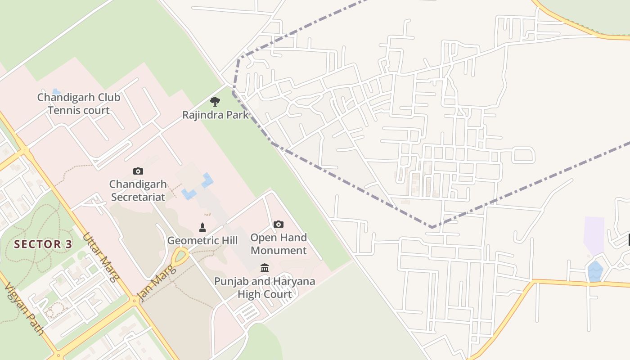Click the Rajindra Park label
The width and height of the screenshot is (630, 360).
pos(215,115)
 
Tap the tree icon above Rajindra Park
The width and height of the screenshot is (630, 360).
pos(215,102)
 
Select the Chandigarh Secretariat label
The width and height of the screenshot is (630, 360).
pos(138,191)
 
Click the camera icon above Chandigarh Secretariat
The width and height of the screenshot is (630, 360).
pos(138,171)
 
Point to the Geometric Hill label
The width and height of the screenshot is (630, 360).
pos(202,241)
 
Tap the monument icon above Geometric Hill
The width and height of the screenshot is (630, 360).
pos(202,227)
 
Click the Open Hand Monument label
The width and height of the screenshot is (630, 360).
pos(279,244)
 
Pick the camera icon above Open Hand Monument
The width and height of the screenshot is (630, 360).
pos(279,224)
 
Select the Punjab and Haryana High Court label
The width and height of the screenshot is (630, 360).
pos(265,288)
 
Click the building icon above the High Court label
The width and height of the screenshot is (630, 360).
pos(265,268)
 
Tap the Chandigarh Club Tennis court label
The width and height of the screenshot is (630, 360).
pos(79,104)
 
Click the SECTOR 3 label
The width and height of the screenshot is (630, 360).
pos(43,244)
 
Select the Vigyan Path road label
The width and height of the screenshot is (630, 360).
pos(24,310)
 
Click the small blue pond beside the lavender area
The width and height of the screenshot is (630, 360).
pos(595,272)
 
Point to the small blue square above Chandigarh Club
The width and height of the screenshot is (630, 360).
pos(56,91)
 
